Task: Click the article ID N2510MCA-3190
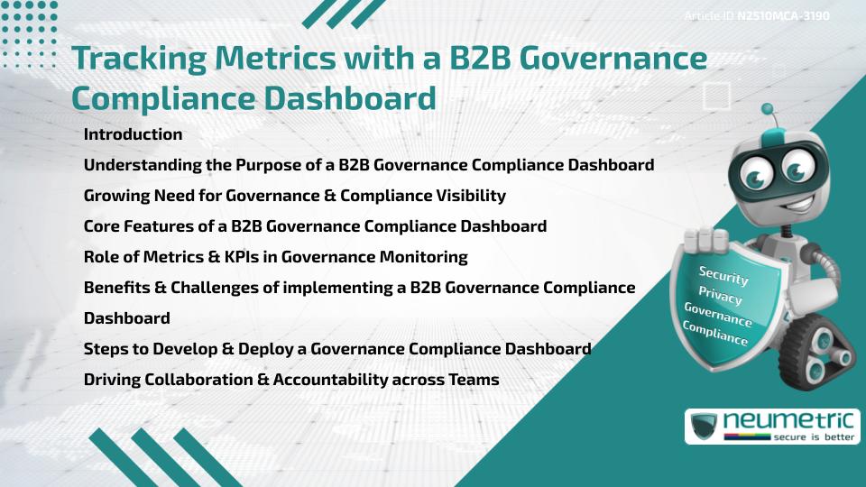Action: [x=783, y=16]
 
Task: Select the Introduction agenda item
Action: [x=133, y=134]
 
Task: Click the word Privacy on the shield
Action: [x=721, y=295]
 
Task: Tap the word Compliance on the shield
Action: [x=715, y=334]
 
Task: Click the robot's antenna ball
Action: [x=769, y=110]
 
